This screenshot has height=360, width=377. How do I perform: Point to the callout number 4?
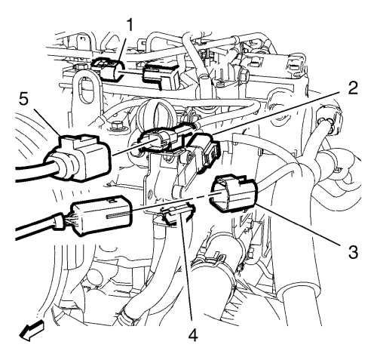(x=192, y=334)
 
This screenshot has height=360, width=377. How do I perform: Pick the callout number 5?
(x=23, y=100)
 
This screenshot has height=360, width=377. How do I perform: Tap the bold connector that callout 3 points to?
(x=231, y=194)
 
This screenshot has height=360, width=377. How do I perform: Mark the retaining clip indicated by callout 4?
(x=177, y=214)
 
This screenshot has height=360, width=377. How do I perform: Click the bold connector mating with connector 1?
(x=161, y=75)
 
